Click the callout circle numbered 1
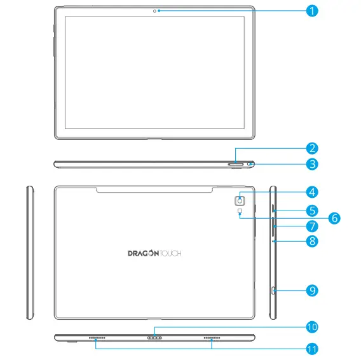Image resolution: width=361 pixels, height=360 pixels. pyautogui.click(x=311, y=10)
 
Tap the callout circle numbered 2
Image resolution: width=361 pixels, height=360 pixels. pyautogui.click(x=311, y=149)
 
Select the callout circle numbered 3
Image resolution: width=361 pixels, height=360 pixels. pyautogui.click(x=311, y=164)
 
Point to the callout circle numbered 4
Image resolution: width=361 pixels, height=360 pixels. pyautogui.click(x=311, y=191)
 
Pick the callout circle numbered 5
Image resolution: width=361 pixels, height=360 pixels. pyautogui.click(x=311, y=209)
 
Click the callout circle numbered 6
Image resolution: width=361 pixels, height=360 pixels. pyautogui.click(x=334, y=218)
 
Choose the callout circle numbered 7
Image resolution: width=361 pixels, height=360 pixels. pyautogui.click(x=311, y=226)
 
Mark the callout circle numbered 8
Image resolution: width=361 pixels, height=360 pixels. pyautogui.click(x=311, y=241)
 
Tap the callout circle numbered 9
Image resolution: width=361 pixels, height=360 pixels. pyautogui.click(x=311, y=290)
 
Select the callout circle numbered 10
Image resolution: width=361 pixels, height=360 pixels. pyautogui.click(x=311, y=327)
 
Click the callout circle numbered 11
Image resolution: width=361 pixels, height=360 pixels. pyautogui.click(x=311, y=349)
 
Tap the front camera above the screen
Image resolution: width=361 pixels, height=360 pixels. pyautogui.click(x=155, y=10)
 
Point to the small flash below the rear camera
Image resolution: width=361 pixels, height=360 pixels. pyautogui.click(x=240, y=212)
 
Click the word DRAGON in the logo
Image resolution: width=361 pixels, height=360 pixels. pyautogui.click(x=139, y=253)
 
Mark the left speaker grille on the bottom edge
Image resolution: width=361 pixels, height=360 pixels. pyautogui.click(x=97, y=338)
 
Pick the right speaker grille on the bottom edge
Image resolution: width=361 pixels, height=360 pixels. pyautogui.click(x=212, y=338)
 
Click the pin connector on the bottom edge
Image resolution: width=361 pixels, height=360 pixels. pyautogui.click(x=155, y=338)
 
